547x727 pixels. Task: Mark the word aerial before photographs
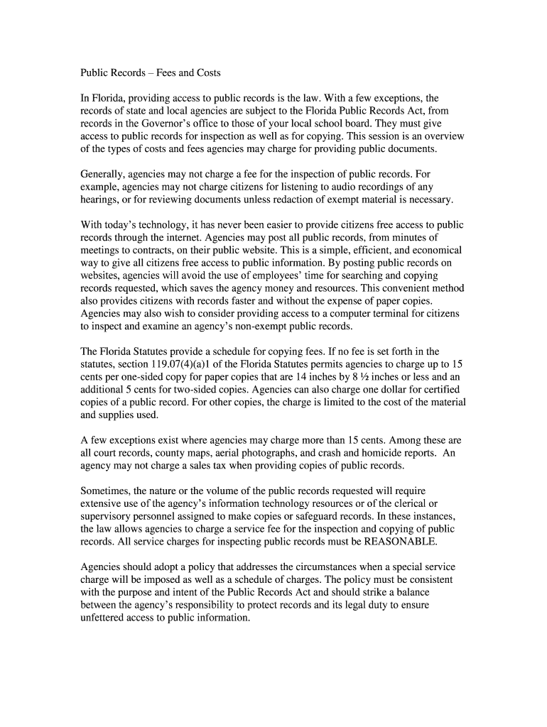[222, 453]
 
